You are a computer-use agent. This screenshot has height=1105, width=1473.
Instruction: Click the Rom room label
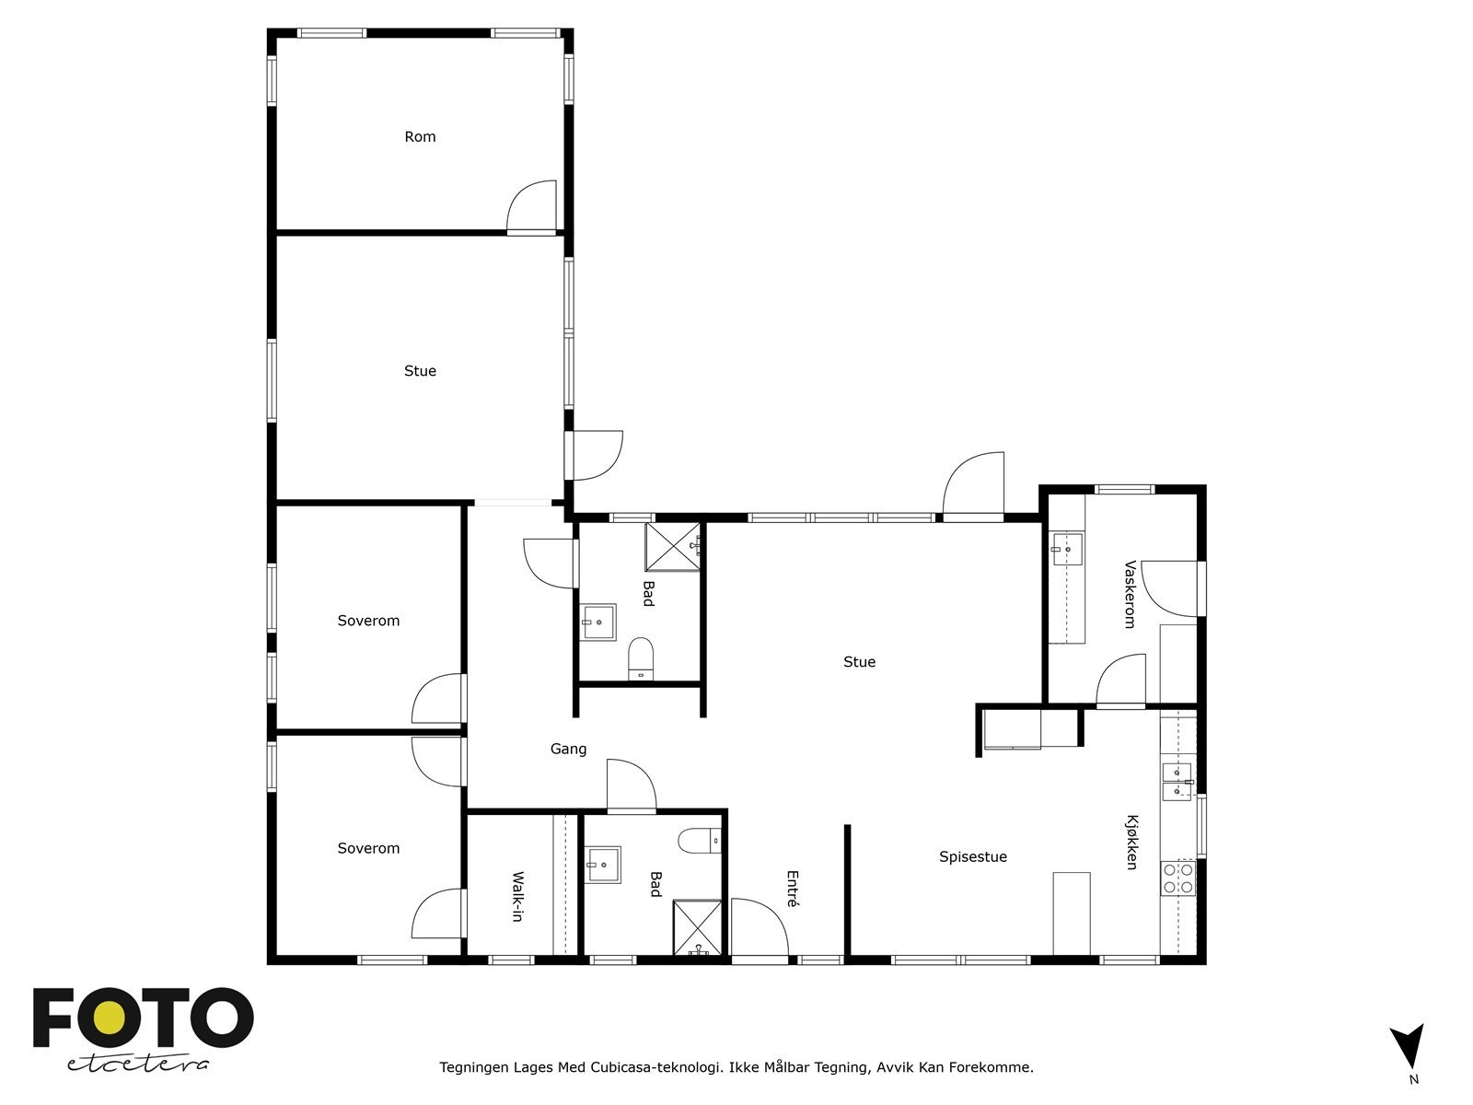click(420, 137)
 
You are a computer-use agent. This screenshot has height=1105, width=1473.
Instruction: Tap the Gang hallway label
click(568, 750)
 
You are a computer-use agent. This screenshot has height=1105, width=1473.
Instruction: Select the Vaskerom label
click(1130, 595)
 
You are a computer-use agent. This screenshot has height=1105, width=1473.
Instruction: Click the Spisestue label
click(972, 857)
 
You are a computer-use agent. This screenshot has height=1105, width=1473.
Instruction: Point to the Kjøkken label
click(1131, 842)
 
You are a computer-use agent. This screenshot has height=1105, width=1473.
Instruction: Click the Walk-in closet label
click(517, 897)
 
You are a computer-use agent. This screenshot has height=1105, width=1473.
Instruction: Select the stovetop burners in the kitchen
click(1177, 878)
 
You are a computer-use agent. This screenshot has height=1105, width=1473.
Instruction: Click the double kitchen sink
click(1177, 782)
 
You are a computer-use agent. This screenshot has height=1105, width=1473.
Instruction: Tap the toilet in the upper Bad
click(640, 658)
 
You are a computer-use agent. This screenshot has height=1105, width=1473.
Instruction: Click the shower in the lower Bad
click(698, 928)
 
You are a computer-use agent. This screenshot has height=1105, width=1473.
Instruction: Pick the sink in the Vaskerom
click(1067, 549)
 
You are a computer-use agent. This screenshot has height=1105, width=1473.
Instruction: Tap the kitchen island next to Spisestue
click(1071, 913)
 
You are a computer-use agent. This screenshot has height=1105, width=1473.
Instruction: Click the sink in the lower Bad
click(604, 864)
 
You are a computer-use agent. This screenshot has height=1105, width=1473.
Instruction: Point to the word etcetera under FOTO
click(138, 1064)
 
